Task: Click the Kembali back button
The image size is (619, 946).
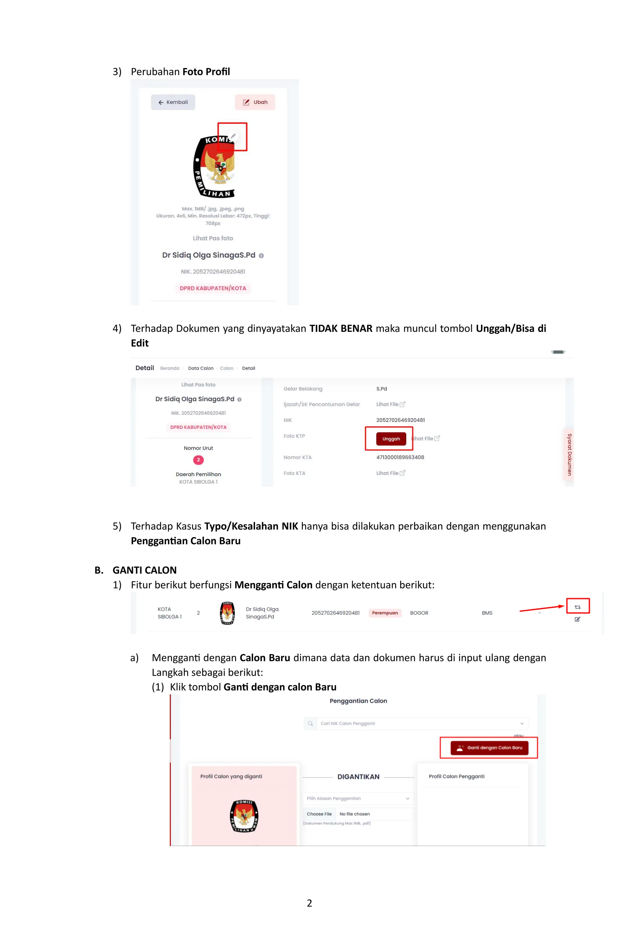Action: (x=173, y=102)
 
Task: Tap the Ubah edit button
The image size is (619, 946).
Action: (x=255, y=102)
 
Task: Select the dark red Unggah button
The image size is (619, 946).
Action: (x=391, y=439)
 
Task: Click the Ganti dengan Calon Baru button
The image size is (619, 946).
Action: (x=489, y=748)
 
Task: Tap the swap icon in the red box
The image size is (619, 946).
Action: (x=577, y=607)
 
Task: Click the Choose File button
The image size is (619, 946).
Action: (x=319, y=814)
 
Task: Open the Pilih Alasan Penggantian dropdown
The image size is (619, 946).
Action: (x=358, y=799)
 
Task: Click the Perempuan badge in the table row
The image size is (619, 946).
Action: (x=384, y=613)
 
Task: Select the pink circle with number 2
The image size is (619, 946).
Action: (x=198, y=460)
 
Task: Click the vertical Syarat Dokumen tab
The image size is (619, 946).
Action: (x=569, y=454)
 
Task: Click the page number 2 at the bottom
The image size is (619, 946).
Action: (x=309, y=903)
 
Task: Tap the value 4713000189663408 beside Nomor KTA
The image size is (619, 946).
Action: (x=400, y=457)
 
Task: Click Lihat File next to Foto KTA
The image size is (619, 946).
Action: (x=390, y=473)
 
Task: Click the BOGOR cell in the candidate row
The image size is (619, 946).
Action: (x=419, y=613)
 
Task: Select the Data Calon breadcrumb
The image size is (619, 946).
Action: (x=201, y=368)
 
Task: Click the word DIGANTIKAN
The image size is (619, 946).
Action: (x=358, y=777)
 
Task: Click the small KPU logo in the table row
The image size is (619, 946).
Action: (x=227, y=613)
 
